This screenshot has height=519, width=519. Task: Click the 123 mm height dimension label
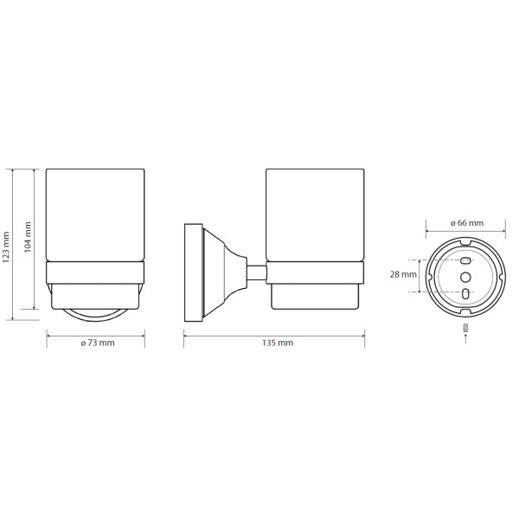6,247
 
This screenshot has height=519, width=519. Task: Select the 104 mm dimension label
28,237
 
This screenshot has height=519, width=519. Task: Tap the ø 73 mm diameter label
98,343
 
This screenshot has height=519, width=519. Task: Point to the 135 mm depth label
278,343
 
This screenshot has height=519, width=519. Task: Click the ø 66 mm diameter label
467,223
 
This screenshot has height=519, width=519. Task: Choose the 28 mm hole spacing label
403,274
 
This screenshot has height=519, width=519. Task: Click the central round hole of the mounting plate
465,277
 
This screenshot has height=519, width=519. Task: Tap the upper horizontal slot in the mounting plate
465,260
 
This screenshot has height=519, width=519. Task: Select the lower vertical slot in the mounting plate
465,293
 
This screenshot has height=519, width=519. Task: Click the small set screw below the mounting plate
466,328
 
